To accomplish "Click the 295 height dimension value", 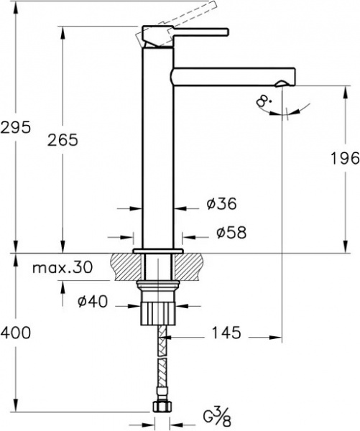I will point(15,127).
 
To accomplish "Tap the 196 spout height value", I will point(343,160).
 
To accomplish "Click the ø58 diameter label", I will point(231,233).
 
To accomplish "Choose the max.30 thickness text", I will point(63,269).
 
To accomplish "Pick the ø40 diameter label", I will point(92,302).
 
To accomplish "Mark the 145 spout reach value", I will point(225,333).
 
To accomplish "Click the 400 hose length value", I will point(15,333).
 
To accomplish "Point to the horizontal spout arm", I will point(230,74).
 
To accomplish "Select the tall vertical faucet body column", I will point(158,158).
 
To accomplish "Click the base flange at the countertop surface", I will point(158,251).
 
